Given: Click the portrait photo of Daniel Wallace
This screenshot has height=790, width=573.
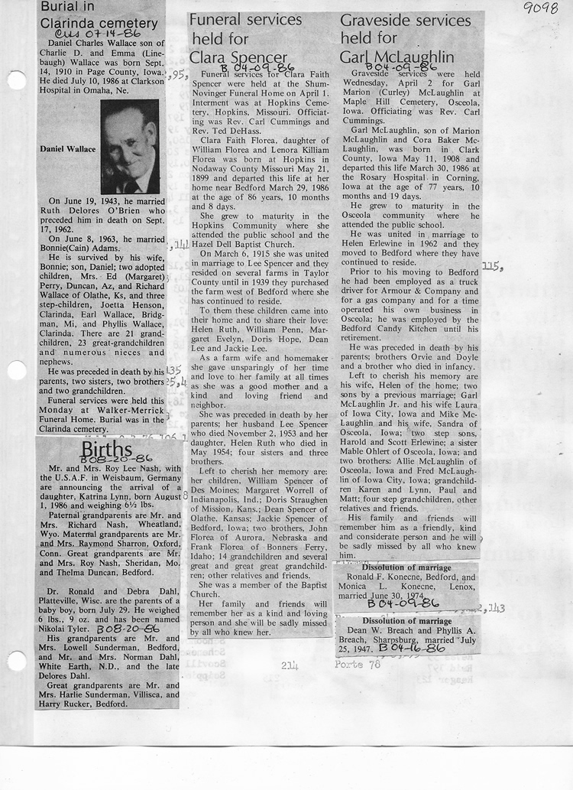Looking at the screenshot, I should coord(129,147).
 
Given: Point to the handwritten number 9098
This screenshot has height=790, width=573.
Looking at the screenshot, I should coord(542,10).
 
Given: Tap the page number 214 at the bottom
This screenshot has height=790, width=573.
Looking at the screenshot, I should coord(289,665).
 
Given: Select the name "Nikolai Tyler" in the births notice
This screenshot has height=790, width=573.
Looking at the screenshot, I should coord(71,626).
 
